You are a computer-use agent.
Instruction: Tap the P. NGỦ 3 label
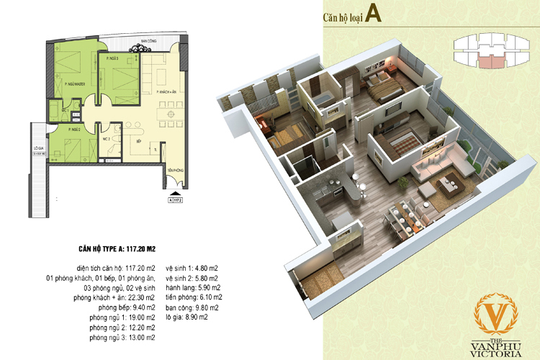click(112, 57)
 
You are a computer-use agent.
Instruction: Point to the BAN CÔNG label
click(149, 42)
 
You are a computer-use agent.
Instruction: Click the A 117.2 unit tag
click(173, 202)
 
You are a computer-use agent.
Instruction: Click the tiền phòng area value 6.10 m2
click(210, 297)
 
